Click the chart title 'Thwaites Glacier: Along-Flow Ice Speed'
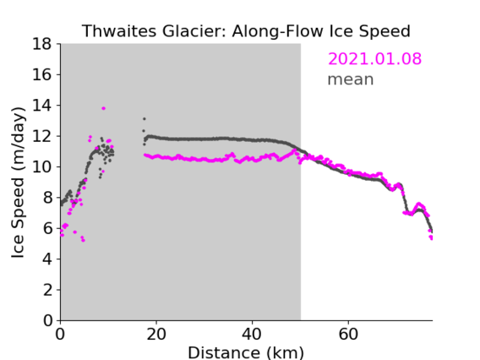click(x=246, y=31)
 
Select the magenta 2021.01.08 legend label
click(x=374, y=58)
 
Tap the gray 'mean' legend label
click(x=351, y=79)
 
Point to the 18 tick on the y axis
click(x=42, y=44)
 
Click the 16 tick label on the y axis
click(x=42, y=74)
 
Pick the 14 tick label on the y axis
click(x=42, y=106)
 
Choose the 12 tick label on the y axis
click(x=42, y=136)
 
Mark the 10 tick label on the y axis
click(x=42, y=166)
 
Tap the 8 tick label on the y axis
click(x=47, y=198)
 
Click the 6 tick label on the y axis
click(x=47, y=228)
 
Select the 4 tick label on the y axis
click(x=47, y=259)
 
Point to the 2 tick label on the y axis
click(x=47, y=290)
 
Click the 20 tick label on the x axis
click(x=156, y=334)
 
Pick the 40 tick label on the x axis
click(x=252, y=334)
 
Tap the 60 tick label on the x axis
click(x=348, y=334)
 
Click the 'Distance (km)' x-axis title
click(x=246, y=352)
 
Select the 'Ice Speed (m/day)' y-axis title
click(x=18, y=183)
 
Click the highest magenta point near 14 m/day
click(x=103, y=108)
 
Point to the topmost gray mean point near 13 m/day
click(x=145, y=119)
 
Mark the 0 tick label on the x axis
click(x=60, y=334)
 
